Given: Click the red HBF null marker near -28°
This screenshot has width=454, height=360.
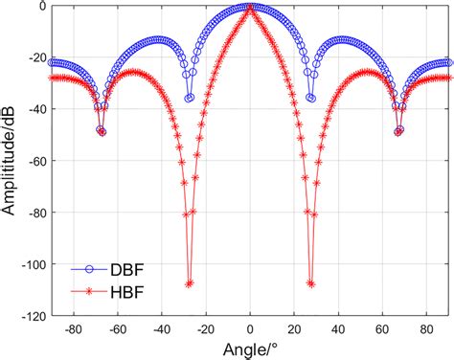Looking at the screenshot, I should click(x=189, y=283).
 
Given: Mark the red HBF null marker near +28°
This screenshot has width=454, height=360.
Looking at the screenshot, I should click(x=311, y=283).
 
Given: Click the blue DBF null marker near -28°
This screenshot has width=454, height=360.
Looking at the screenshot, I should click(x=189, y=98).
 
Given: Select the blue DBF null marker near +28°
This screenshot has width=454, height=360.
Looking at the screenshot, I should click(x=311, y=98).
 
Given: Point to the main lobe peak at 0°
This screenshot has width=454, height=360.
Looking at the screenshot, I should click(x=250, y=7).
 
